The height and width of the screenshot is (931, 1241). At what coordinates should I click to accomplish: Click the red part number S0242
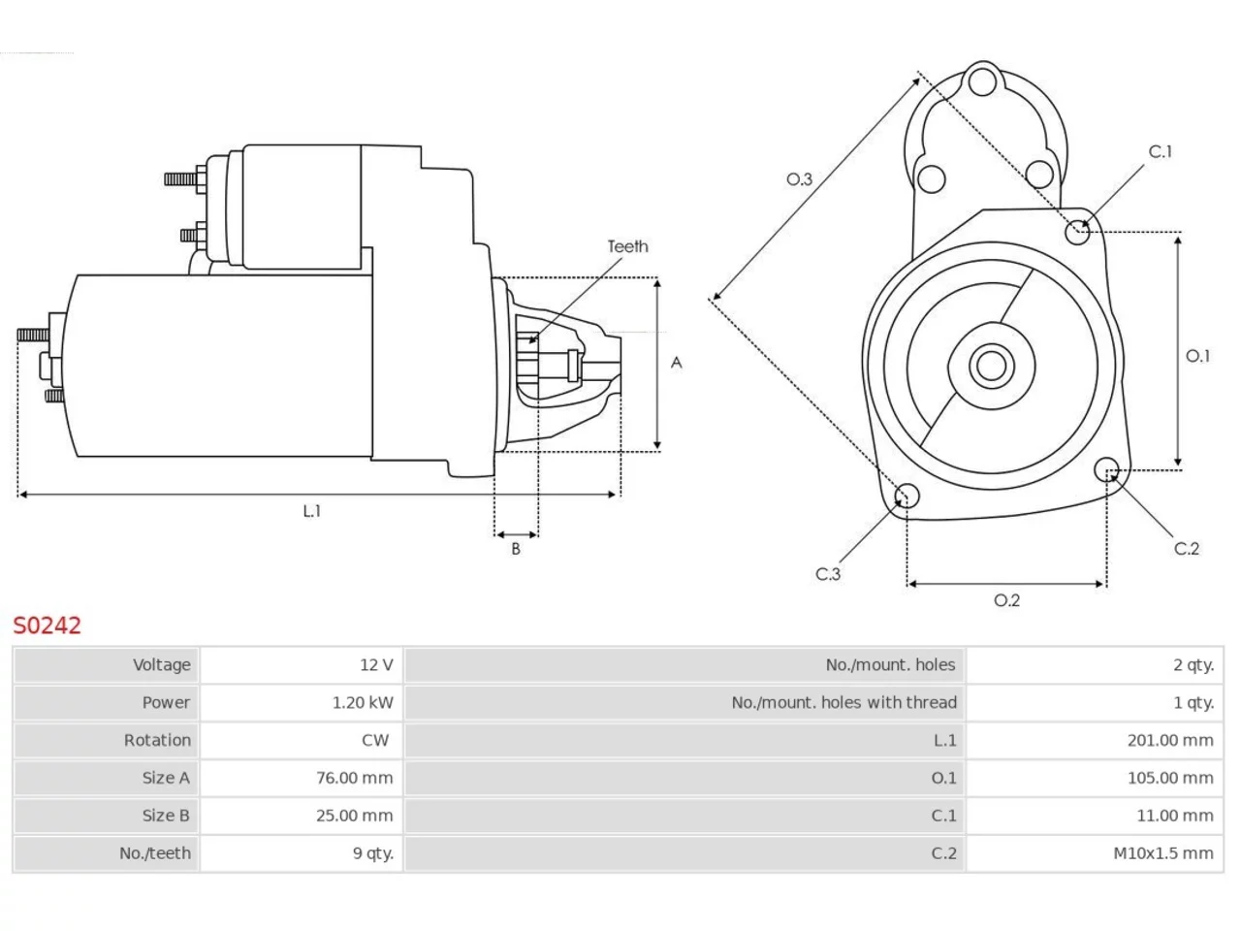click(x=47, y=626)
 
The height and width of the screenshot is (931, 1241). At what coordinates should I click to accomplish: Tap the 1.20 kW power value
click(x=363, y=703)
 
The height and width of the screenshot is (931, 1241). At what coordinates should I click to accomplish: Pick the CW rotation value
click(x=375, y=740)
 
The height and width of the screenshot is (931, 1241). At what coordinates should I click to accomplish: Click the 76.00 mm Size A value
click(x=355, y=778)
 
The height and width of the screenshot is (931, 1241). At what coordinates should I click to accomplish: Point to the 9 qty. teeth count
click(x=373, y=853)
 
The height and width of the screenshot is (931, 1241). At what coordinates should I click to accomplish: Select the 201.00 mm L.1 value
click(x=1170, y=740)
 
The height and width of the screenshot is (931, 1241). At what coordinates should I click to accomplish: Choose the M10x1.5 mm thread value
click(x=1163, y=853)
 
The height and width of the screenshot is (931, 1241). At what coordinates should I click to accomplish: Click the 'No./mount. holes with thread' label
click(x=843, y=703)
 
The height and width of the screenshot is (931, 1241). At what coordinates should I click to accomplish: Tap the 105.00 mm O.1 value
click(x=1170, y=778)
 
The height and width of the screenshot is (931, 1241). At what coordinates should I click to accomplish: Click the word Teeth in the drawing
click(x=627, y=246)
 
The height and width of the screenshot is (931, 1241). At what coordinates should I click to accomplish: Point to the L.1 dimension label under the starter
click(x=311, y=511)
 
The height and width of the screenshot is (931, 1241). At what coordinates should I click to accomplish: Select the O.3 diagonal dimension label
click(x=799, y=179)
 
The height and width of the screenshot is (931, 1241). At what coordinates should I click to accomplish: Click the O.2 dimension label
click(x=1006, y=599)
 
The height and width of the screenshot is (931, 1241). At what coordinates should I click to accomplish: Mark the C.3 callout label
click(x=828, y=574)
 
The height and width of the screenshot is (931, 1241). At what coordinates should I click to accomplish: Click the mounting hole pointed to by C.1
click(x=1077, y=232)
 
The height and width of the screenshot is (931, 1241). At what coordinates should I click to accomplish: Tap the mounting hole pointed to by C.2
click(x=1106, y=469)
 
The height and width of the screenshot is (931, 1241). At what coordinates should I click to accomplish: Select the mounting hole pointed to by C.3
click(x=907, y=496)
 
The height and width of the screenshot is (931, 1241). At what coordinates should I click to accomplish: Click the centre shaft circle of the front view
click(x=991, y=367)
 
